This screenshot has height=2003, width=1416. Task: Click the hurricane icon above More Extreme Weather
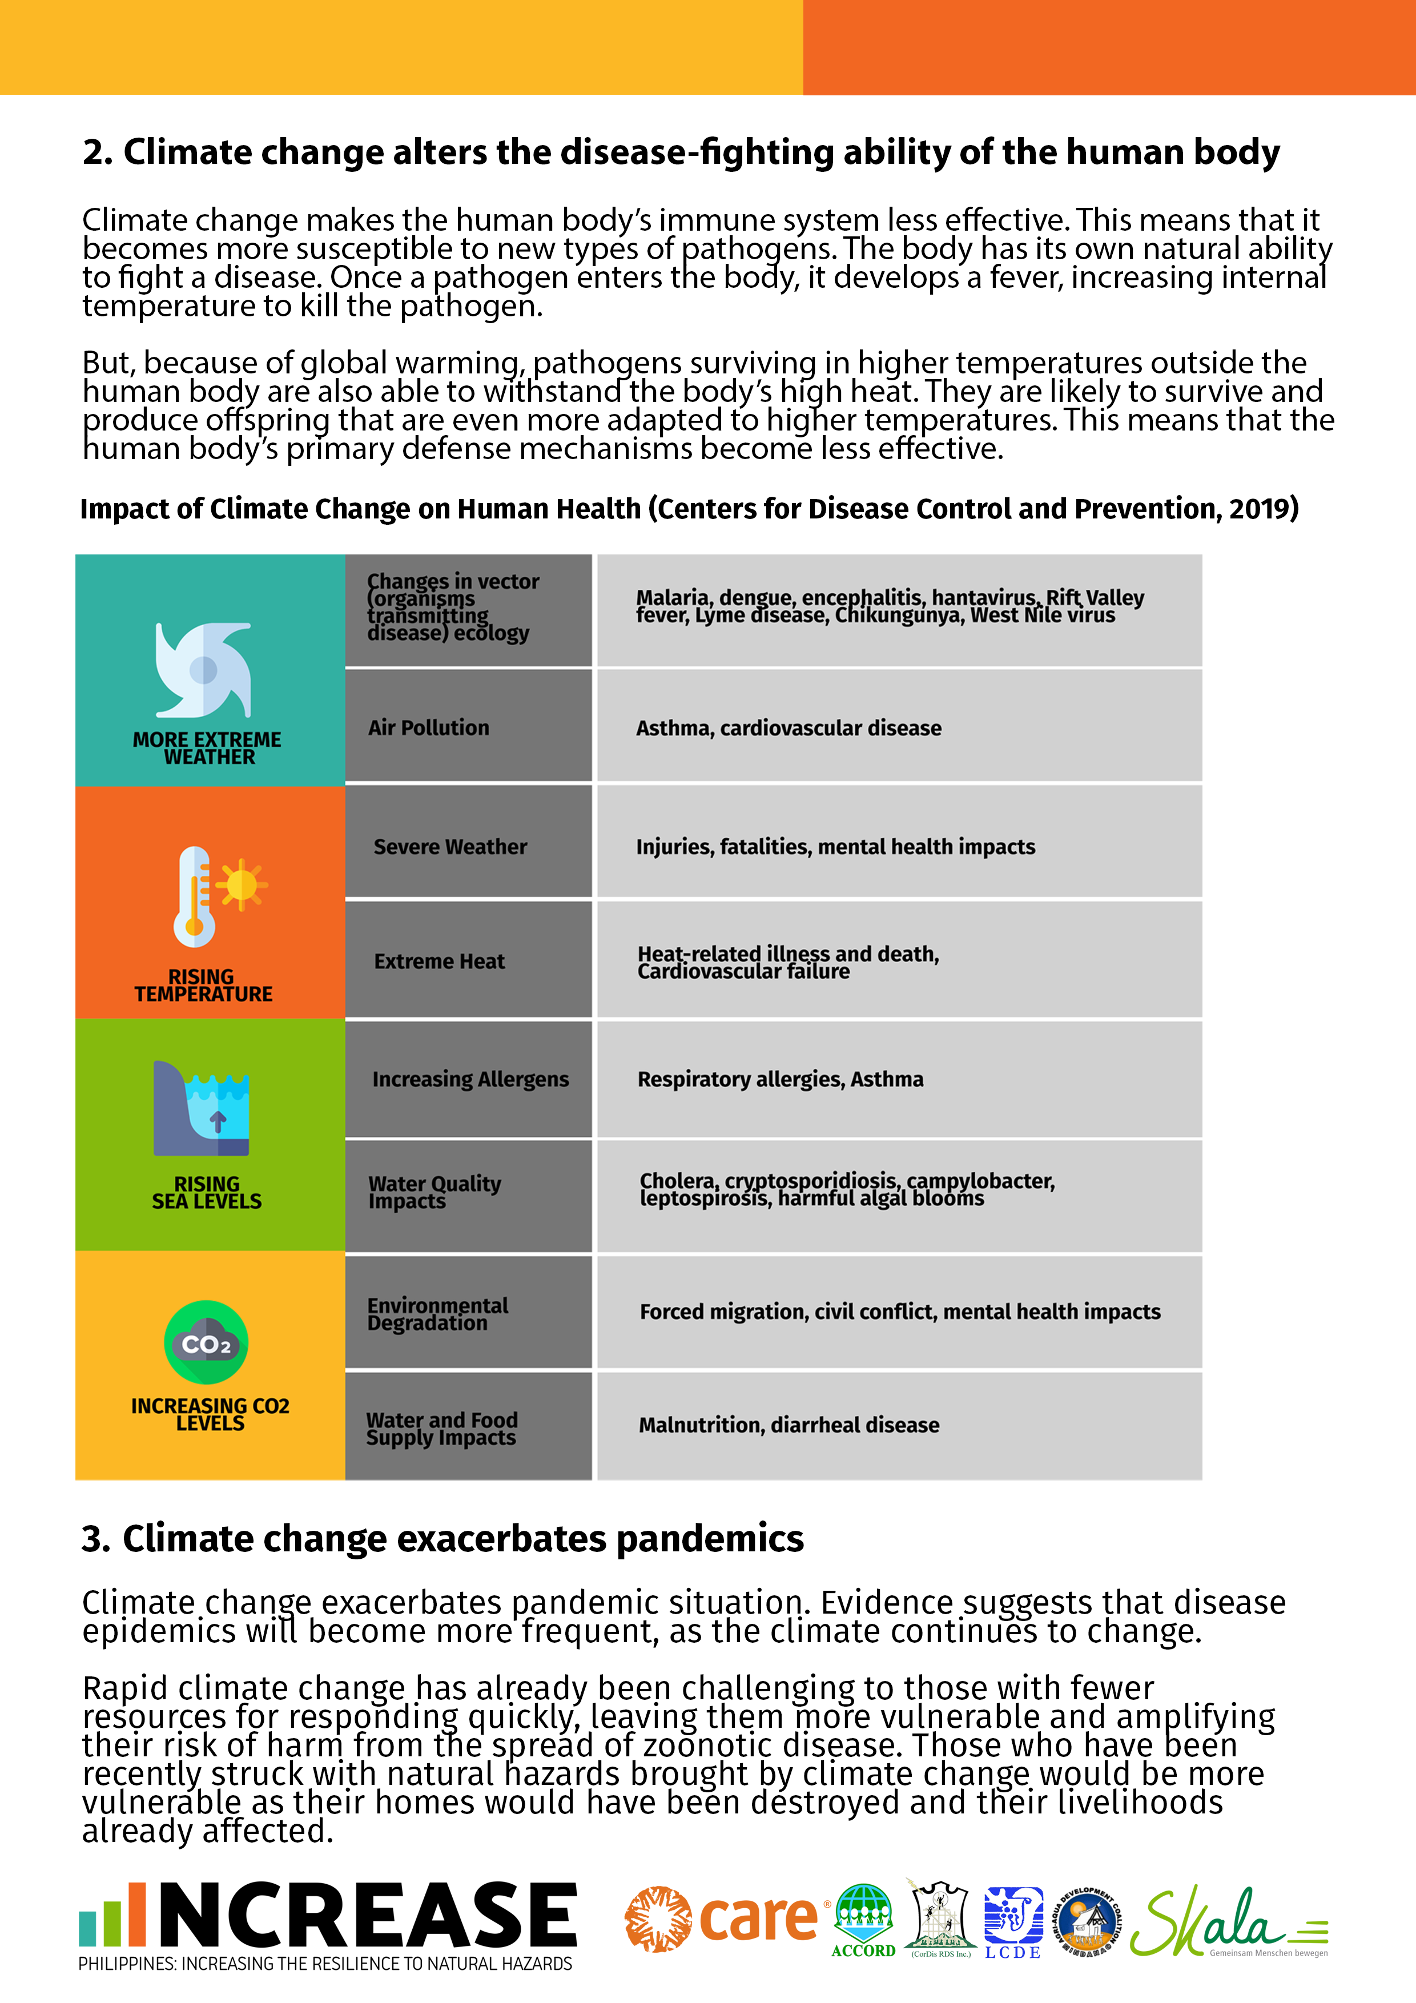[203, 670]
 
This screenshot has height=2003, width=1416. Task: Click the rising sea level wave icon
[202, 1108]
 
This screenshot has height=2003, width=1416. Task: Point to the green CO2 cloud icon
[207, 1342]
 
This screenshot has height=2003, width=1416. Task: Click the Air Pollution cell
[468, 727]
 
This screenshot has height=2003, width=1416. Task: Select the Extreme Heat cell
[468, 960]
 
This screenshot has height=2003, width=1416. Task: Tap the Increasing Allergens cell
[469, 1079]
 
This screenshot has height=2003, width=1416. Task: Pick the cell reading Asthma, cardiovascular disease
[899, 727]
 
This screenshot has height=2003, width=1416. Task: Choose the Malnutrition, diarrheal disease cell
[899, 1425]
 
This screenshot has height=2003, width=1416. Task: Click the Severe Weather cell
[468, 846]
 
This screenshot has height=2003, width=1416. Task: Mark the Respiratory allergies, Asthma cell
[899, 1079]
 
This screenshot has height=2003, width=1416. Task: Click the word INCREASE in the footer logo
[367, 1915]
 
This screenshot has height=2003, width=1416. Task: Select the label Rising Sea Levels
[207, 1193]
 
